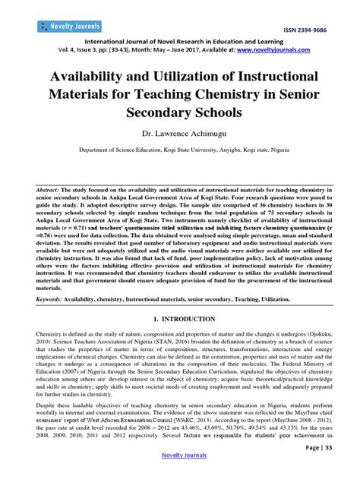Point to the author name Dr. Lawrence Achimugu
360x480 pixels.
tap(179, 134)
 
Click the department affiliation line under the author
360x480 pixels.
tap(179, 150)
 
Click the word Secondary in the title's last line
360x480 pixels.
tap(145, 116)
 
